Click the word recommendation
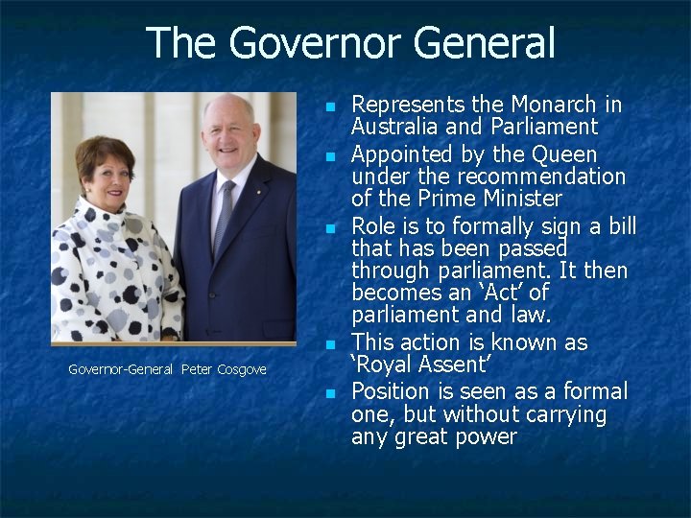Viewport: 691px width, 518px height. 541,177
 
